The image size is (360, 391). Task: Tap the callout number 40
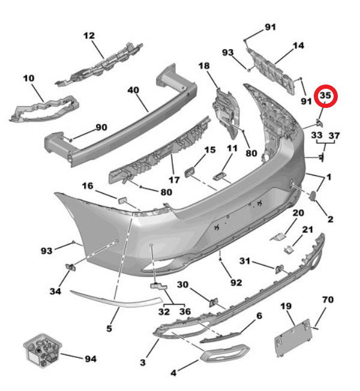[x=133, y=91]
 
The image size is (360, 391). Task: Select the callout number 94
[x=90, y=359]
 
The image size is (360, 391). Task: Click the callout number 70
[x=328, y=299]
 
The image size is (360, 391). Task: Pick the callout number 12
[x=89, y=36]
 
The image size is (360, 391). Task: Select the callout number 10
[x=29, y=78]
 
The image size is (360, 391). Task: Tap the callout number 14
[x=298, y=46]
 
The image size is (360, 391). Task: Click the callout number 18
[x=203, y=66]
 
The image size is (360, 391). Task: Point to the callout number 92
[x=235, y=282]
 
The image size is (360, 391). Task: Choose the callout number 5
[x=109, y=328]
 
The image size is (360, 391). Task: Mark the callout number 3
[x=143, y=362]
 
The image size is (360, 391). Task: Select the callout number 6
[x=259, y=315]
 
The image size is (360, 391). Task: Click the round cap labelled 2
[x=314, y=195]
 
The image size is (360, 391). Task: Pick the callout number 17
[x=173, y=179]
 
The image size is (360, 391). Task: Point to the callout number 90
[x=101, y=127]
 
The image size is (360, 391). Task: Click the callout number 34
[x=55, y=291]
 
